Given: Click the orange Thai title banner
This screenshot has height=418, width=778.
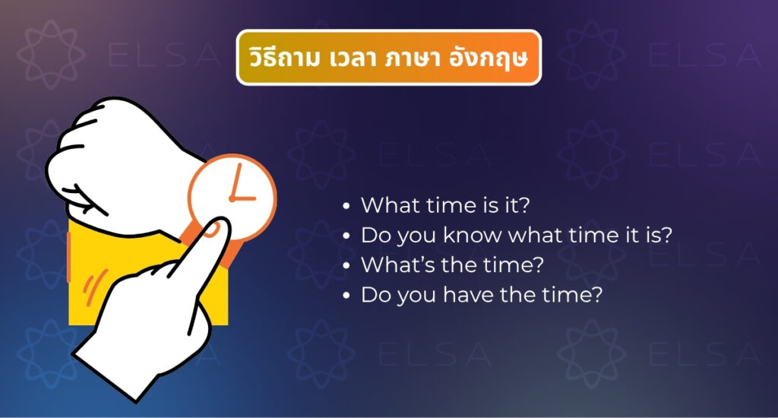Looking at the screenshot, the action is [x=388, y=58].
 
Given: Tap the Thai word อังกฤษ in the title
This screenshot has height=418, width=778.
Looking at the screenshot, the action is [x=488, y=58].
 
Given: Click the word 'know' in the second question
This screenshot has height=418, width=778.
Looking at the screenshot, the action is [x=472, y=235].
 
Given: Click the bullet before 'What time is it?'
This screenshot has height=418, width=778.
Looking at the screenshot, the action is [x=346, y=206].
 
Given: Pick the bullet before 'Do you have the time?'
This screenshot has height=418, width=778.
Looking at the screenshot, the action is [x=346, y=296].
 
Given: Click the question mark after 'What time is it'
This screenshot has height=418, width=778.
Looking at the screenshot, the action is [x=524, y=205].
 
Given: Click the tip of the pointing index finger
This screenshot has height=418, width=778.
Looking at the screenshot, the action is [x=218, y=226].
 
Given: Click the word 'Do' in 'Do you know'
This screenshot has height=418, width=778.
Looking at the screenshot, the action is [x=375, y=235].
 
